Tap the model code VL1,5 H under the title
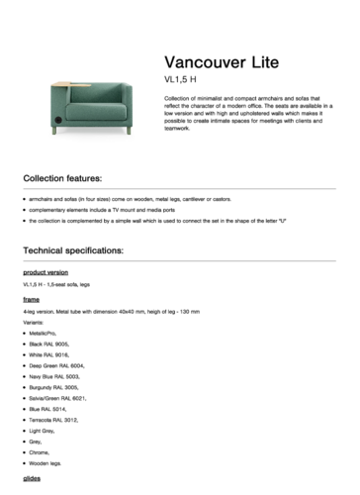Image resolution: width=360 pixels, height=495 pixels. tap(181, 78)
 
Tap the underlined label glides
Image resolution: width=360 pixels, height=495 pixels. tap(32, 478)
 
